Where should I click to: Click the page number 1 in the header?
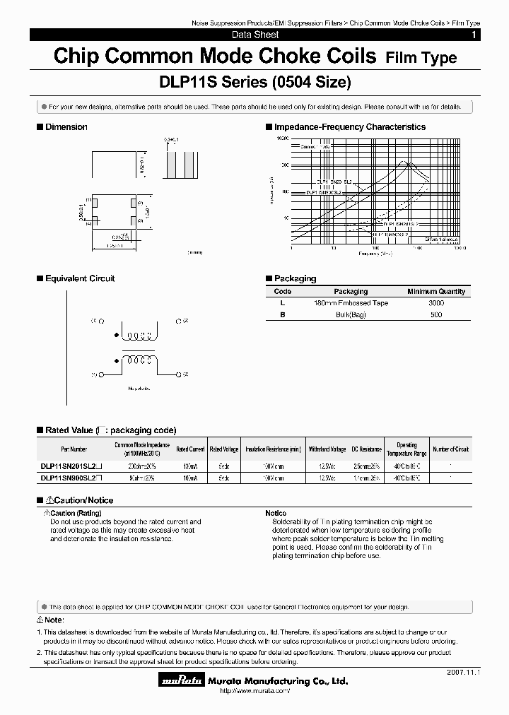[473, 35]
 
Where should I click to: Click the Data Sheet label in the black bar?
[255, 35]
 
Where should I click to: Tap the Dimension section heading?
[66, 127]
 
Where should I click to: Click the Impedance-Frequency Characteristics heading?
[349, 127]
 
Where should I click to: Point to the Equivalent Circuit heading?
[79, 278]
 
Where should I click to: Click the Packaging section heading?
[295, 278]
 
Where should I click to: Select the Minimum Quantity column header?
[436, 291]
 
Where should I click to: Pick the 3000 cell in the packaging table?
[436, 303]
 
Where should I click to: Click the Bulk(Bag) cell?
[351, 314]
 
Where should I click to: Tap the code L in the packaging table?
[282, 303]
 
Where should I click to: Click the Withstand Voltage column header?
[327, 449]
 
